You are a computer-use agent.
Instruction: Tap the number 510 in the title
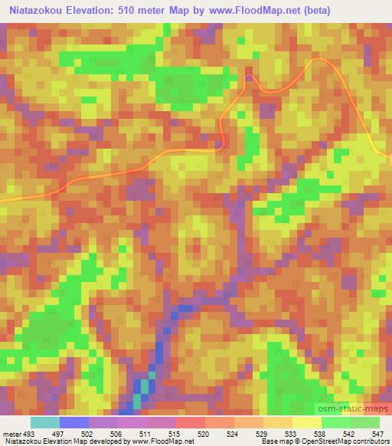[x=141, y=10]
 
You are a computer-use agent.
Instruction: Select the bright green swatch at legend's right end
[x=364, y=422]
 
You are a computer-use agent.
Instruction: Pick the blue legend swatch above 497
[x=74, y=422]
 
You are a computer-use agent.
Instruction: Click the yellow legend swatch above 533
[x=277, y=422]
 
